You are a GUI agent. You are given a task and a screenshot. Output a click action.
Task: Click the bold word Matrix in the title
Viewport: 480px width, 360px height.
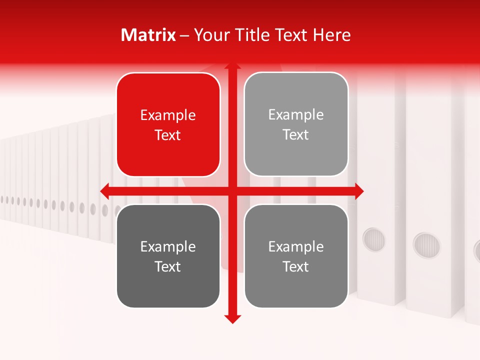(148, 35)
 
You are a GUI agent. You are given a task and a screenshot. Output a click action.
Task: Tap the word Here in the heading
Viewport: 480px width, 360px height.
(331, 35)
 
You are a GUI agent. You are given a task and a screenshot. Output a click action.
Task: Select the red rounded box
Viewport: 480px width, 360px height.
(168, 124)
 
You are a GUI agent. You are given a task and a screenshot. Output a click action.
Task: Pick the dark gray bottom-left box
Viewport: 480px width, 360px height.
(168, 256)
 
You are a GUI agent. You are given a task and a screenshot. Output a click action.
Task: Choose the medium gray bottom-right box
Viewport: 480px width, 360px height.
(296, 256)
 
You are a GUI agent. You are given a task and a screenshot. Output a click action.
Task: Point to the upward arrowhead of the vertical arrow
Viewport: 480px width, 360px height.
(232, 65)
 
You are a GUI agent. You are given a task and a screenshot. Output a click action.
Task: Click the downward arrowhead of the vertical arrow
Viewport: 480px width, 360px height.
(232, 319)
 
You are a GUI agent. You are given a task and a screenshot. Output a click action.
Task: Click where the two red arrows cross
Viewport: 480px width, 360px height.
(232, 190)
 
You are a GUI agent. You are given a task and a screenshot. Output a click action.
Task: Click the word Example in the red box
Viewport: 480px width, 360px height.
(168, 115)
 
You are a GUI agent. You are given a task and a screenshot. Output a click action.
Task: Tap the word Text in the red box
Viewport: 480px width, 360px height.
(168, 135)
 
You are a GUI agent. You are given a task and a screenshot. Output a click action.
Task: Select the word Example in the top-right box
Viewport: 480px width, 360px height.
(296, 115)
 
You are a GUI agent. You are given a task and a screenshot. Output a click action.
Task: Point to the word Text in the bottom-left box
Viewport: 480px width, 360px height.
(168, 266)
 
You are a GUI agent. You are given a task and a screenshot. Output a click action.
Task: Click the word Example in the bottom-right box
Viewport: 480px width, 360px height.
(296, 246)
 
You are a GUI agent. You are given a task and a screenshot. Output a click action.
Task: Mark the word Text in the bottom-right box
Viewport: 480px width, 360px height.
(296, 266)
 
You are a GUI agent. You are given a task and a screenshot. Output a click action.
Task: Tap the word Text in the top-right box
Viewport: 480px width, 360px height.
(296, 135)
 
